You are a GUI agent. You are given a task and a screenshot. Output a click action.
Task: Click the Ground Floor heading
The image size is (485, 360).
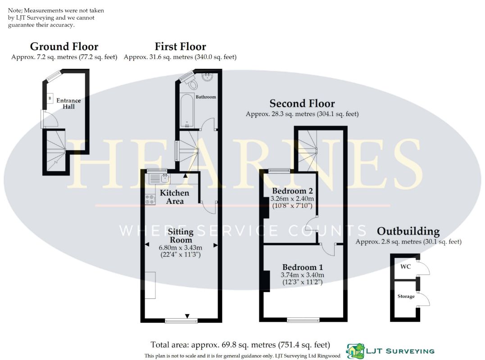(x=64, y=46)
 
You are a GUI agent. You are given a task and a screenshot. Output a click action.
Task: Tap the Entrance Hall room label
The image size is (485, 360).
(x=68, y=103)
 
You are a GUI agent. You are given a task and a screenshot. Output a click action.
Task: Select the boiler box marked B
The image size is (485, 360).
(x=50, y=98)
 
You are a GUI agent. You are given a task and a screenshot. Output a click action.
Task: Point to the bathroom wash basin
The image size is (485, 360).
(x=207, y=76)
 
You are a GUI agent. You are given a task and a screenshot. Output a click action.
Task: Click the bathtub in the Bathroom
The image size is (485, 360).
(x=187, y=111)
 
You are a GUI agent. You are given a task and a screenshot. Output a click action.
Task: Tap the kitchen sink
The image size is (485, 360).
(x=159, y=179)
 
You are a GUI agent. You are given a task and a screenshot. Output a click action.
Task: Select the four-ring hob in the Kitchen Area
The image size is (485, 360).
(x=150, y=199)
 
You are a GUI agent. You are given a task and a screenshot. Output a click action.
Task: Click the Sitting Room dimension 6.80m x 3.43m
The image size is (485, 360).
(x=180, y=247)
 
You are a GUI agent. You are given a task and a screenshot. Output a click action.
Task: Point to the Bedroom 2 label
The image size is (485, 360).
(x=292, y=191)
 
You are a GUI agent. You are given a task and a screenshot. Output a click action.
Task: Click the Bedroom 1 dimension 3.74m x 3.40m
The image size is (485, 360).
(x=302, y=274)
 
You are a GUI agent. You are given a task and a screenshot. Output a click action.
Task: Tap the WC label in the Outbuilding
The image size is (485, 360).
(x=405, y=266)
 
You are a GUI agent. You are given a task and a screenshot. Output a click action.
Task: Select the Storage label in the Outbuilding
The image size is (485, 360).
(x=406, y=296)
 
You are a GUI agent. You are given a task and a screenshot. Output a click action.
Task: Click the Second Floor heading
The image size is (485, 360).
(x=302, y=103)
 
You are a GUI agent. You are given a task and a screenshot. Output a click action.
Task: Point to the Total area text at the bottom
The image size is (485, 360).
(x=240, y=345)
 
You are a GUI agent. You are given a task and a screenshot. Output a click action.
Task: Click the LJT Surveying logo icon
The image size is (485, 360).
(x=355, y=351)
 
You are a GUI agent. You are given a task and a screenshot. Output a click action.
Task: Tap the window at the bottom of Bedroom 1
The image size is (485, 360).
(x=303, y=320)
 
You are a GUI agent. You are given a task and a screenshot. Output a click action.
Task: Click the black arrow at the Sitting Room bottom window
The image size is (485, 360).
(x=187, y=316)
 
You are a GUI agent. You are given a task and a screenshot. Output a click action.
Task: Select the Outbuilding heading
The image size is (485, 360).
(x=408, y=231)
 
